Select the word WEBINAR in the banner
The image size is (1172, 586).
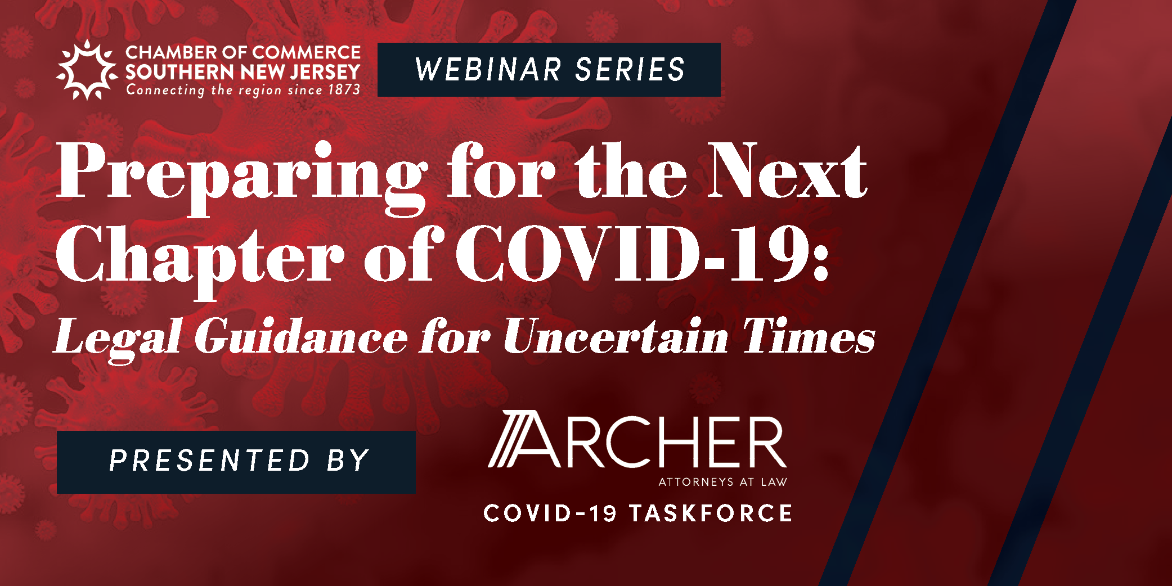(488, 70)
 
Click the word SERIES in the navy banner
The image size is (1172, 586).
(630, 70)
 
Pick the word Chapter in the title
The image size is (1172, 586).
(200, 259)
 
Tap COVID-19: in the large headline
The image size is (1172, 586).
(642, 253)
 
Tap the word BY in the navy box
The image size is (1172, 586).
(348, 461)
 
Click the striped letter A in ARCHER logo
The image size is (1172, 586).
(524, 439)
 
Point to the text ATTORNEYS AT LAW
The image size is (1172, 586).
(722, 482)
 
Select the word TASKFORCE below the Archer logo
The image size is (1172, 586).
(711, 513)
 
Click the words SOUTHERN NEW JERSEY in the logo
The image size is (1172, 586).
(243, 72)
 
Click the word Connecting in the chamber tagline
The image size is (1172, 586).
(165, 90)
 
